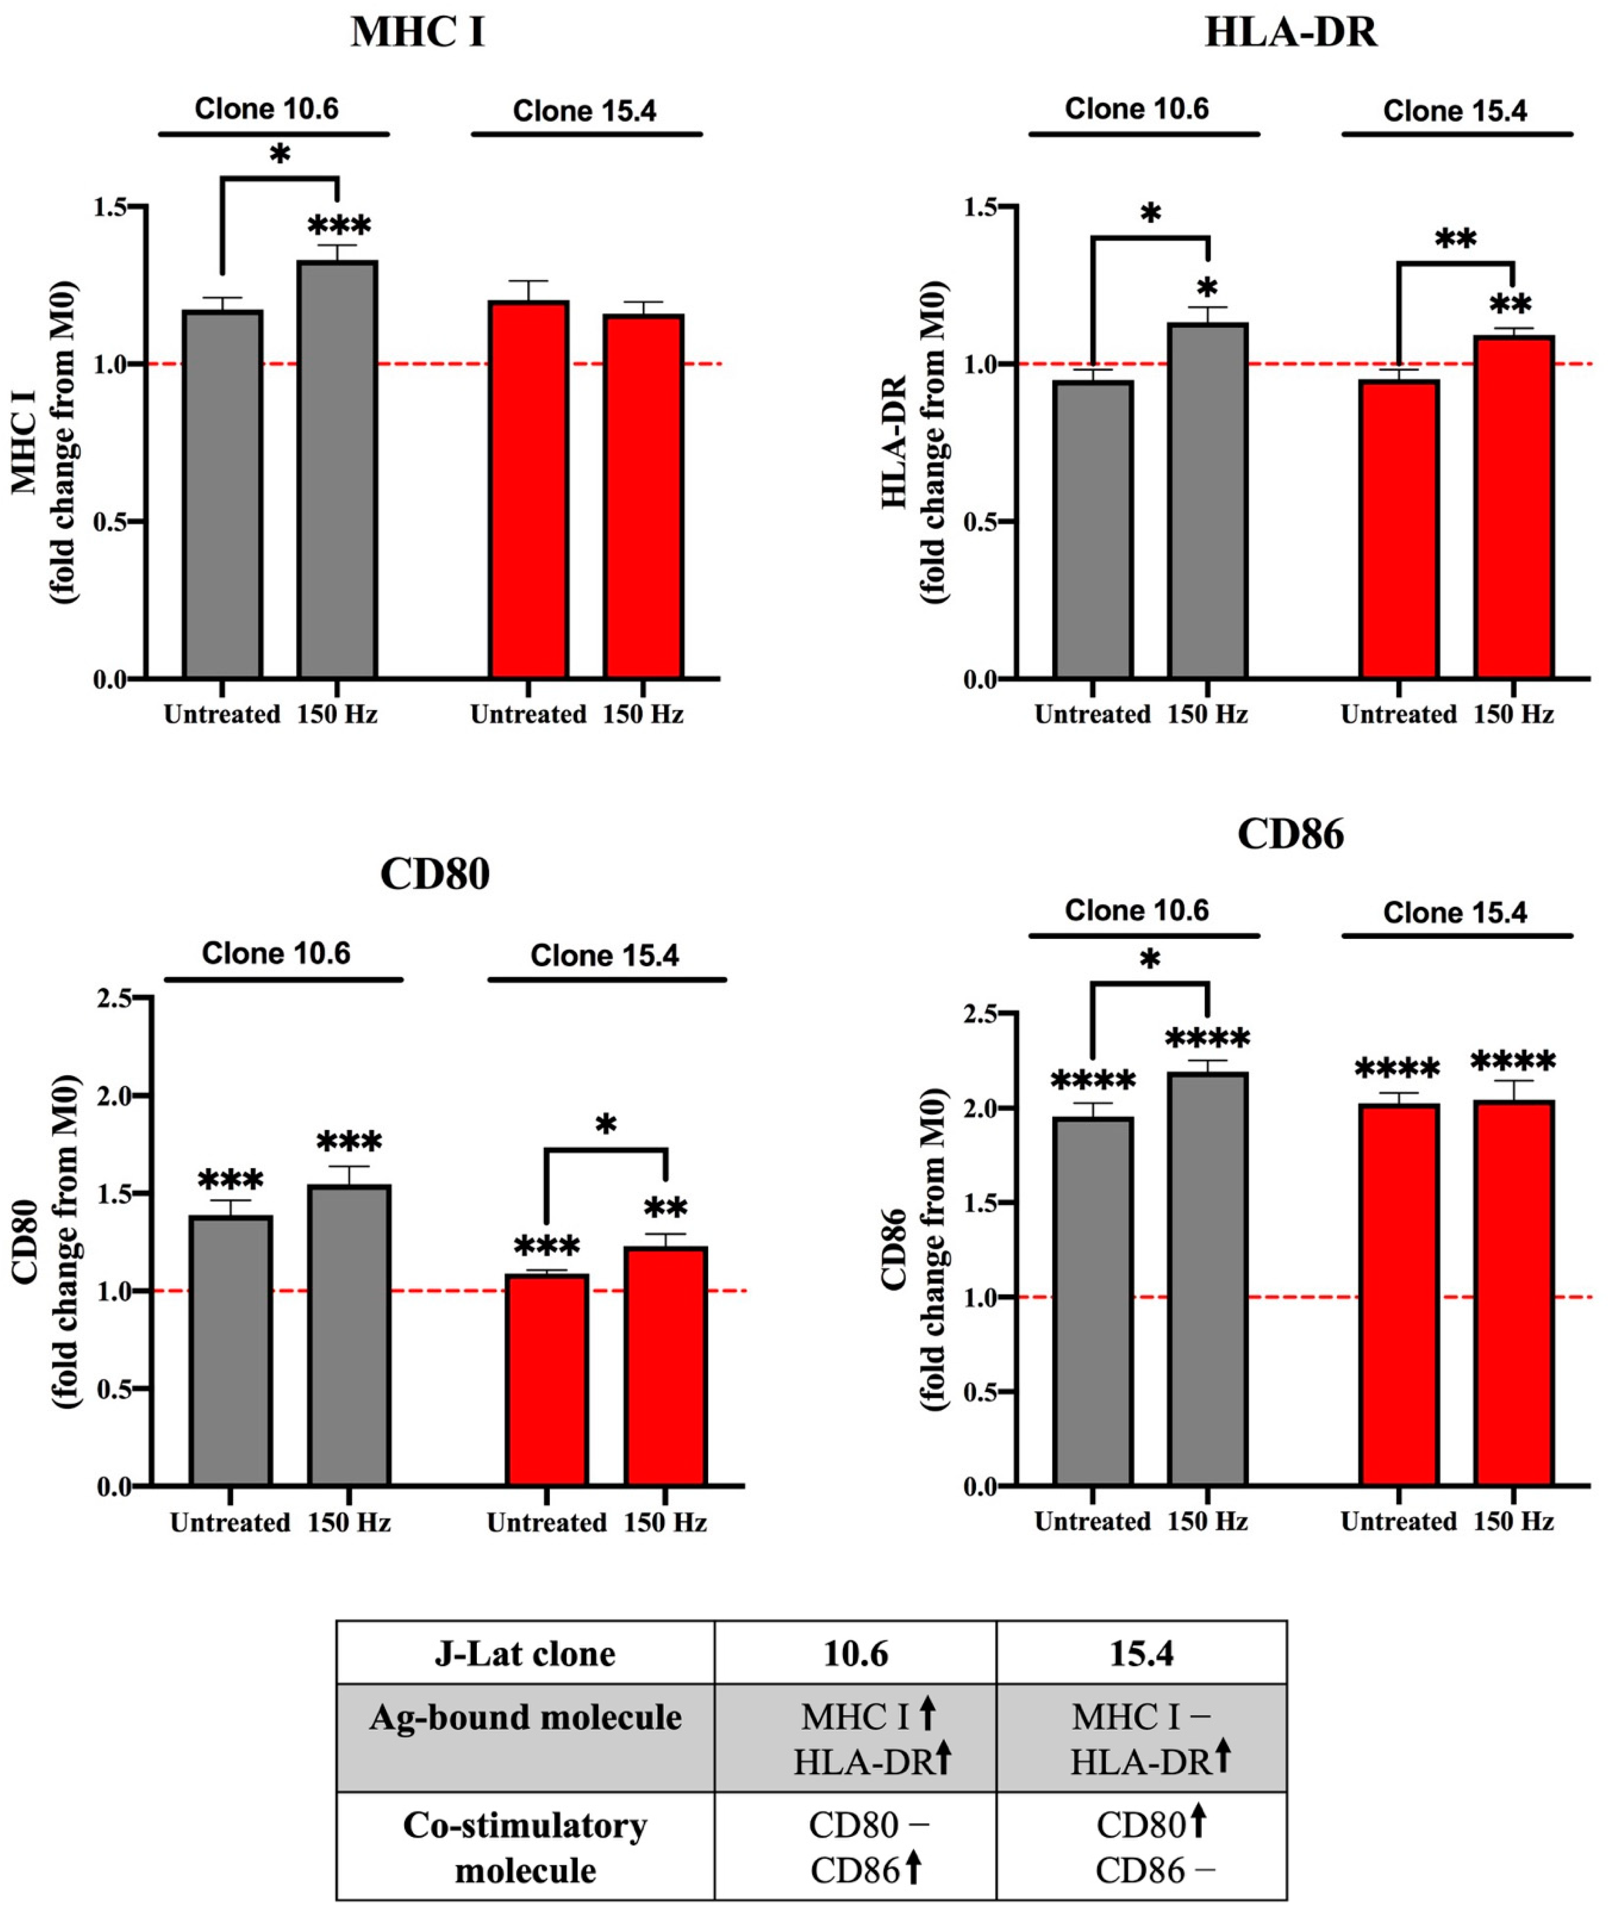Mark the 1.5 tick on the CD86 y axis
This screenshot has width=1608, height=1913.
[984, 1203]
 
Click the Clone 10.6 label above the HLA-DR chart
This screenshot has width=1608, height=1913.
[1137, 109]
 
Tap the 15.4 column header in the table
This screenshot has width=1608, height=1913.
[1141, 1654]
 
